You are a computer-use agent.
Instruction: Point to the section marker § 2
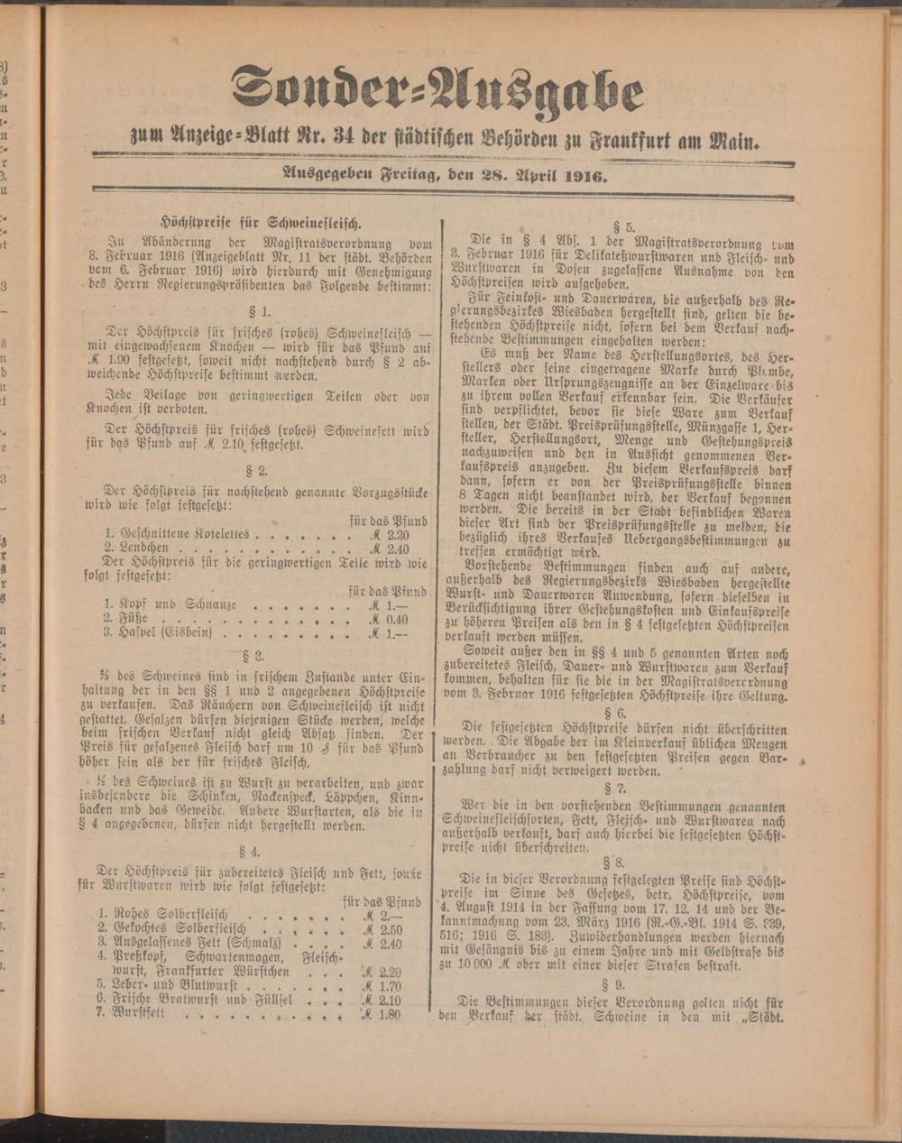point(256,470)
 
